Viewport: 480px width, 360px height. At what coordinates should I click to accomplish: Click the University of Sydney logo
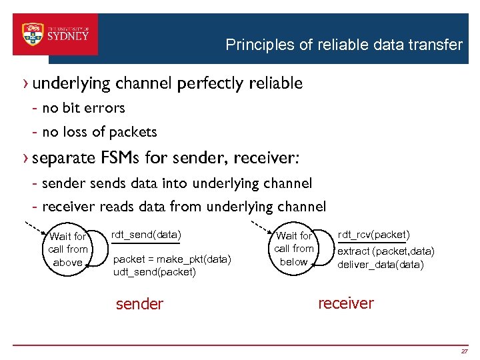[56, 34]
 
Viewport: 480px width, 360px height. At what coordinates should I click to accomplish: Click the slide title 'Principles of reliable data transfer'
[343, 45]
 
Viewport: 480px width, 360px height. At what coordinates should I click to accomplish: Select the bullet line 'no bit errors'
[83, 108]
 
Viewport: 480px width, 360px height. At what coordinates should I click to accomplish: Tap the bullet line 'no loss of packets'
[99, 132]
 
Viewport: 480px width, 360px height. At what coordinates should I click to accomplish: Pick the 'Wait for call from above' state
[68, 249]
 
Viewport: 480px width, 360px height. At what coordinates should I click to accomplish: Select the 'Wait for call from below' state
[294, 249]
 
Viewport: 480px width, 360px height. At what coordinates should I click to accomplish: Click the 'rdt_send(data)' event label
[146, 235]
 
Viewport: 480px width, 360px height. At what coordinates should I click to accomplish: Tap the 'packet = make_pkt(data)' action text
[173, 259]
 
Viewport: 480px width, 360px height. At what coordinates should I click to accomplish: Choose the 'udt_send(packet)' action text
[155, 271]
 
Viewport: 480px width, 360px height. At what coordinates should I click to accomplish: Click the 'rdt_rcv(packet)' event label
[373, 235]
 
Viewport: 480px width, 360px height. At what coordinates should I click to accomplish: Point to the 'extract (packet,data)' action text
[386, 251]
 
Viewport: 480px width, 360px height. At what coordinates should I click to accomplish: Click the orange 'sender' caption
[139, 304]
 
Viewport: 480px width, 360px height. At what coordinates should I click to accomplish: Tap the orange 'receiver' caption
[346, 303]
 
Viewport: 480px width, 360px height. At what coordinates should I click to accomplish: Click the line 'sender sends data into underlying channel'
[177, 183]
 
